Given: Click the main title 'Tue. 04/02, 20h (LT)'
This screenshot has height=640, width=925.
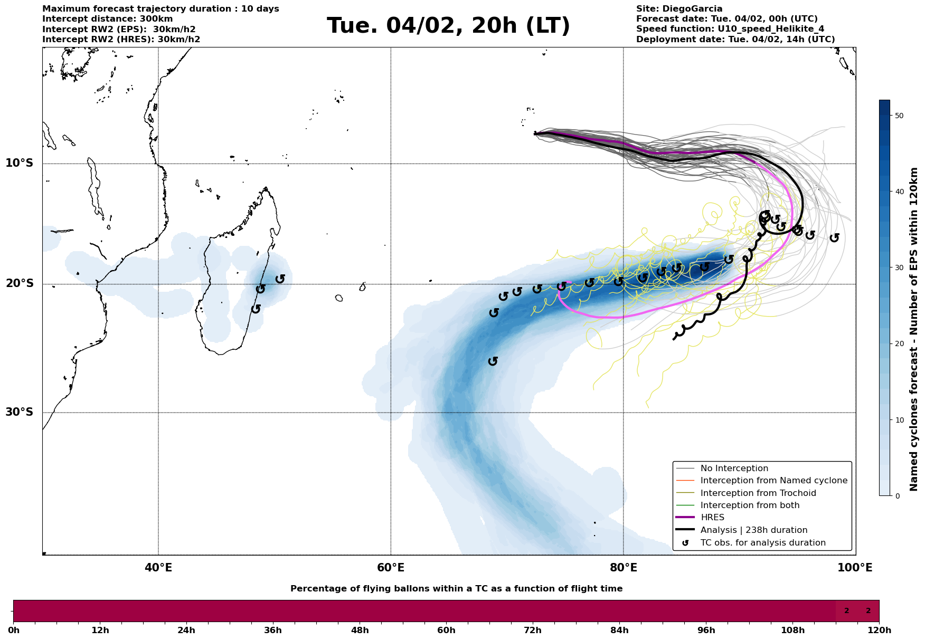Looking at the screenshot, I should click(x=448, y=26).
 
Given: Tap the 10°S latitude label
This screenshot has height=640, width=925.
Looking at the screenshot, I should click(x=20, y=163).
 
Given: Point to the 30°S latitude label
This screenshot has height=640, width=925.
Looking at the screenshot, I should click(x=20, y=412).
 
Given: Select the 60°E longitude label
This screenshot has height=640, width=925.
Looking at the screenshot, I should click(x=391, y=568).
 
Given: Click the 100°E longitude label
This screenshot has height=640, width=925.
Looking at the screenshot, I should click(x=855, y=568).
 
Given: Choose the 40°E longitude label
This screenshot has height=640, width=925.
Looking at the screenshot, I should click(x=158, y=568).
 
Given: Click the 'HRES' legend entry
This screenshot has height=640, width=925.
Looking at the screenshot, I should click(x=712, y=518).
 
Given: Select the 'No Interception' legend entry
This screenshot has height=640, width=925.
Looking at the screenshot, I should click(x=734, y=469).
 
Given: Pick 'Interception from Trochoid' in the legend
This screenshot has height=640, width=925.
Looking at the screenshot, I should click(x=758, y=493).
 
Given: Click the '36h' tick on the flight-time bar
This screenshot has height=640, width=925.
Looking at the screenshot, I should click(x=273, y=631).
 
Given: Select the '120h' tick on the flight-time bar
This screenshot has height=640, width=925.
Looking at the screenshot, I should click(x=879, y=631).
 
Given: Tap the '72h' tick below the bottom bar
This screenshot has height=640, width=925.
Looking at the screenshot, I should click(x=533, y=631).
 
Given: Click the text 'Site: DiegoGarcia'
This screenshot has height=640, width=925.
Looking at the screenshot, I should click(x=679, y=9).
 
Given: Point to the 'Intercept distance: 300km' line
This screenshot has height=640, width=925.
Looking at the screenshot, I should click(x=107, y=19).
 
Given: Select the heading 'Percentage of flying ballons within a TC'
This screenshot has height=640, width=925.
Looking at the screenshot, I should click(x=456, y=589).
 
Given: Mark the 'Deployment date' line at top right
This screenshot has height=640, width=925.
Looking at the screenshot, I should click(x=735, y=40).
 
